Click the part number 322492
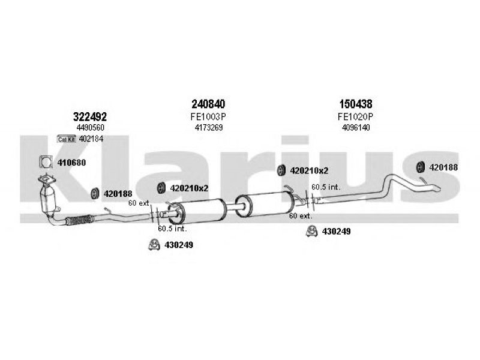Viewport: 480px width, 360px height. pyautogui.click(x=89, y=116)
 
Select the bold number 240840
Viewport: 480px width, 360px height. pyautogui.click(x=208, y=104)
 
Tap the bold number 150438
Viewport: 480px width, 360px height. pyautogui.click(x=356, y=104)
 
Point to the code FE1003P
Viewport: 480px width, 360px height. pyautogui.click(x=208, y=116)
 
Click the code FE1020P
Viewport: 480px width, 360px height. pyautogui.click(x=355, y=116)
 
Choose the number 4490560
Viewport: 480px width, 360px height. pyautogui.click(x=91, y=127)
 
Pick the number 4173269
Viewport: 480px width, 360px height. pyautogui.click(x=208, y=127)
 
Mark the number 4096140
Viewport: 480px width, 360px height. pyautogui.click(x=356, y=127)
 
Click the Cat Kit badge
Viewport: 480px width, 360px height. pyautogui.click(x=67, y=139)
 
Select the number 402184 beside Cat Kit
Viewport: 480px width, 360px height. pyautogui.click(x=91, y=139)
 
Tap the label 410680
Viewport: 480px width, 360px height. pyautogui.click(x=71, y=163)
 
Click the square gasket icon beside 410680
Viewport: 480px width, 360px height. pyautogui.click(x=46, y=162)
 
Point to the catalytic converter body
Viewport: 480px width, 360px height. pyautogui.click(x=47, y=200)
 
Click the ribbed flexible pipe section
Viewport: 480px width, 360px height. pyautogui.click(x=80, y=220)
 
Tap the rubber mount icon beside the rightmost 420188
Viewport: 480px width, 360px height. pyautogui.click(x=421, y=167)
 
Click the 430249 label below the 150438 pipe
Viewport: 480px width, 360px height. pyautogui.click(x=336, y=232)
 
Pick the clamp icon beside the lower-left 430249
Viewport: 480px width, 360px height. pyautogui.click(x=154, y=245)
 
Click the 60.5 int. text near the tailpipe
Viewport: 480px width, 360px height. pyautogui.click(x=326, y=187)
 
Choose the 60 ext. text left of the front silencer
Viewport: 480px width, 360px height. pyautogui.click(x=139, y=203)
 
